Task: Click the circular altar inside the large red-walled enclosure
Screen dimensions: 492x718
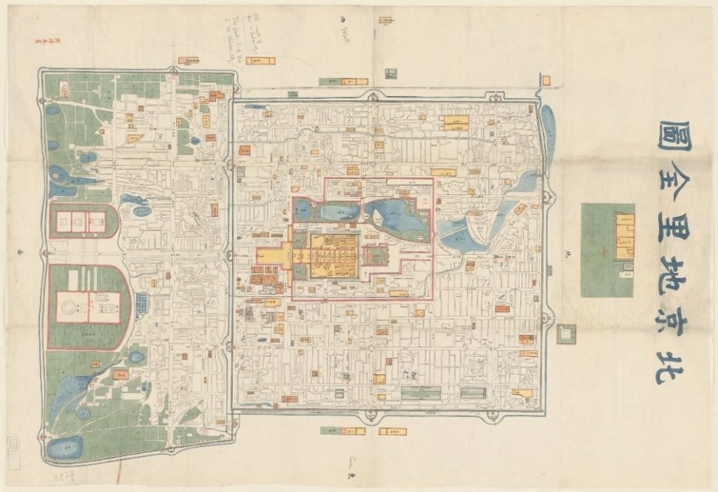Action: click(x=71, y=308)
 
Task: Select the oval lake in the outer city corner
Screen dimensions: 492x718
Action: click(x=64, y=448)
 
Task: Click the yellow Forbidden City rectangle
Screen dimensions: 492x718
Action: click(x=334, y=255)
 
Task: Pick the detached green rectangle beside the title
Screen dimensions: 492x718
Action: click(x=607, y=250)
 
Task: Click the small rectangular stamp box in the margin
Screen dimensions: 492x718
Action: click(x=13, y=446)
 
